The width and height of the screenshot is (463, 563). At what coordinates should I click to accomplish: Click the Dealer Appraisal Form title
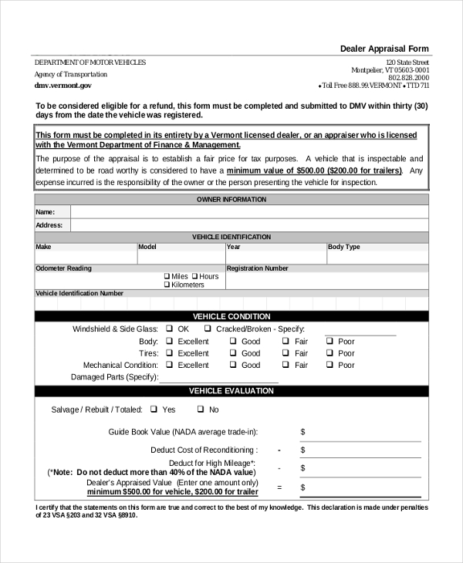(384, 49)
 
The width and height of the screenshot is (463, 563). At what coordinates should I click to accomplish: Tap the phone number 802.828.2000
(409, 78)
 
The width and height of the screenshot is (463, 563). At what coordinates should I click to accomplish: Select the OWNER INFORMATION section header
(231, 200)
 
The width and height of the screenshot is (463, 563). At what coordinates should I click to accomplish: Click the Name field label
(45, 212)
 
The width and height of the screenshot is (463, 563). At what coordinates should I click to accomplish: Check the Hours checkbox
(195, 276)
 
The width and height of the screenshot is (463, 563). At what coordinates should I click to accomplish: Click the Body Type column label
(344, 248)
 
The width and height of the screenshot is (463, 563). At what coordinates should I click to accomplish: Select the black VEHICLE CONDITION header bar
(231, 316)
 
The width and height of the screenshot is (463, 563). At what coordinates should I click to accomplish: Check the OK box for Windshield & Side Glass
(169, 329)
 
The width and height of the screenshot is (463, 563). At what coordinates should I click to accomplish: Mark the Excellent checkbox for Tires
(169, 353)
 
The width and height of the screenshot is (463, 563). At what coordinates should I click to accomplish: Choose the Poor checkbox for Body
(329, 341)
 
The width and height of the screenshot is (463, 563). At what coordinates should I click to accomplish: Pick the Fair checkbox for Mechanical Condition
(285, 365)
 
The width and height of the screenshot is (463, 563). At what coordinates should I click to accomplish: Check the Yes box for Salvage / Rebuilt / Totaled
(154, 410)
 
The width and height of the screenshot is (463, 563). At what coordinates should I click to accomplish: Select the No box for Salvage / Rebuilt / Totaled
(200, 410)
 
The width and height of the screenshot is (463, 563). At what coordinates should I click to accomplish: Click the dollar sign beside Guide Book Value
(302, 432)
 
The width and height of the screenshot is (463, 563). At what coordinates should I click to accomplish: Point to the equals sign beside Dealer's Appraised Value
(279, 487)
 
